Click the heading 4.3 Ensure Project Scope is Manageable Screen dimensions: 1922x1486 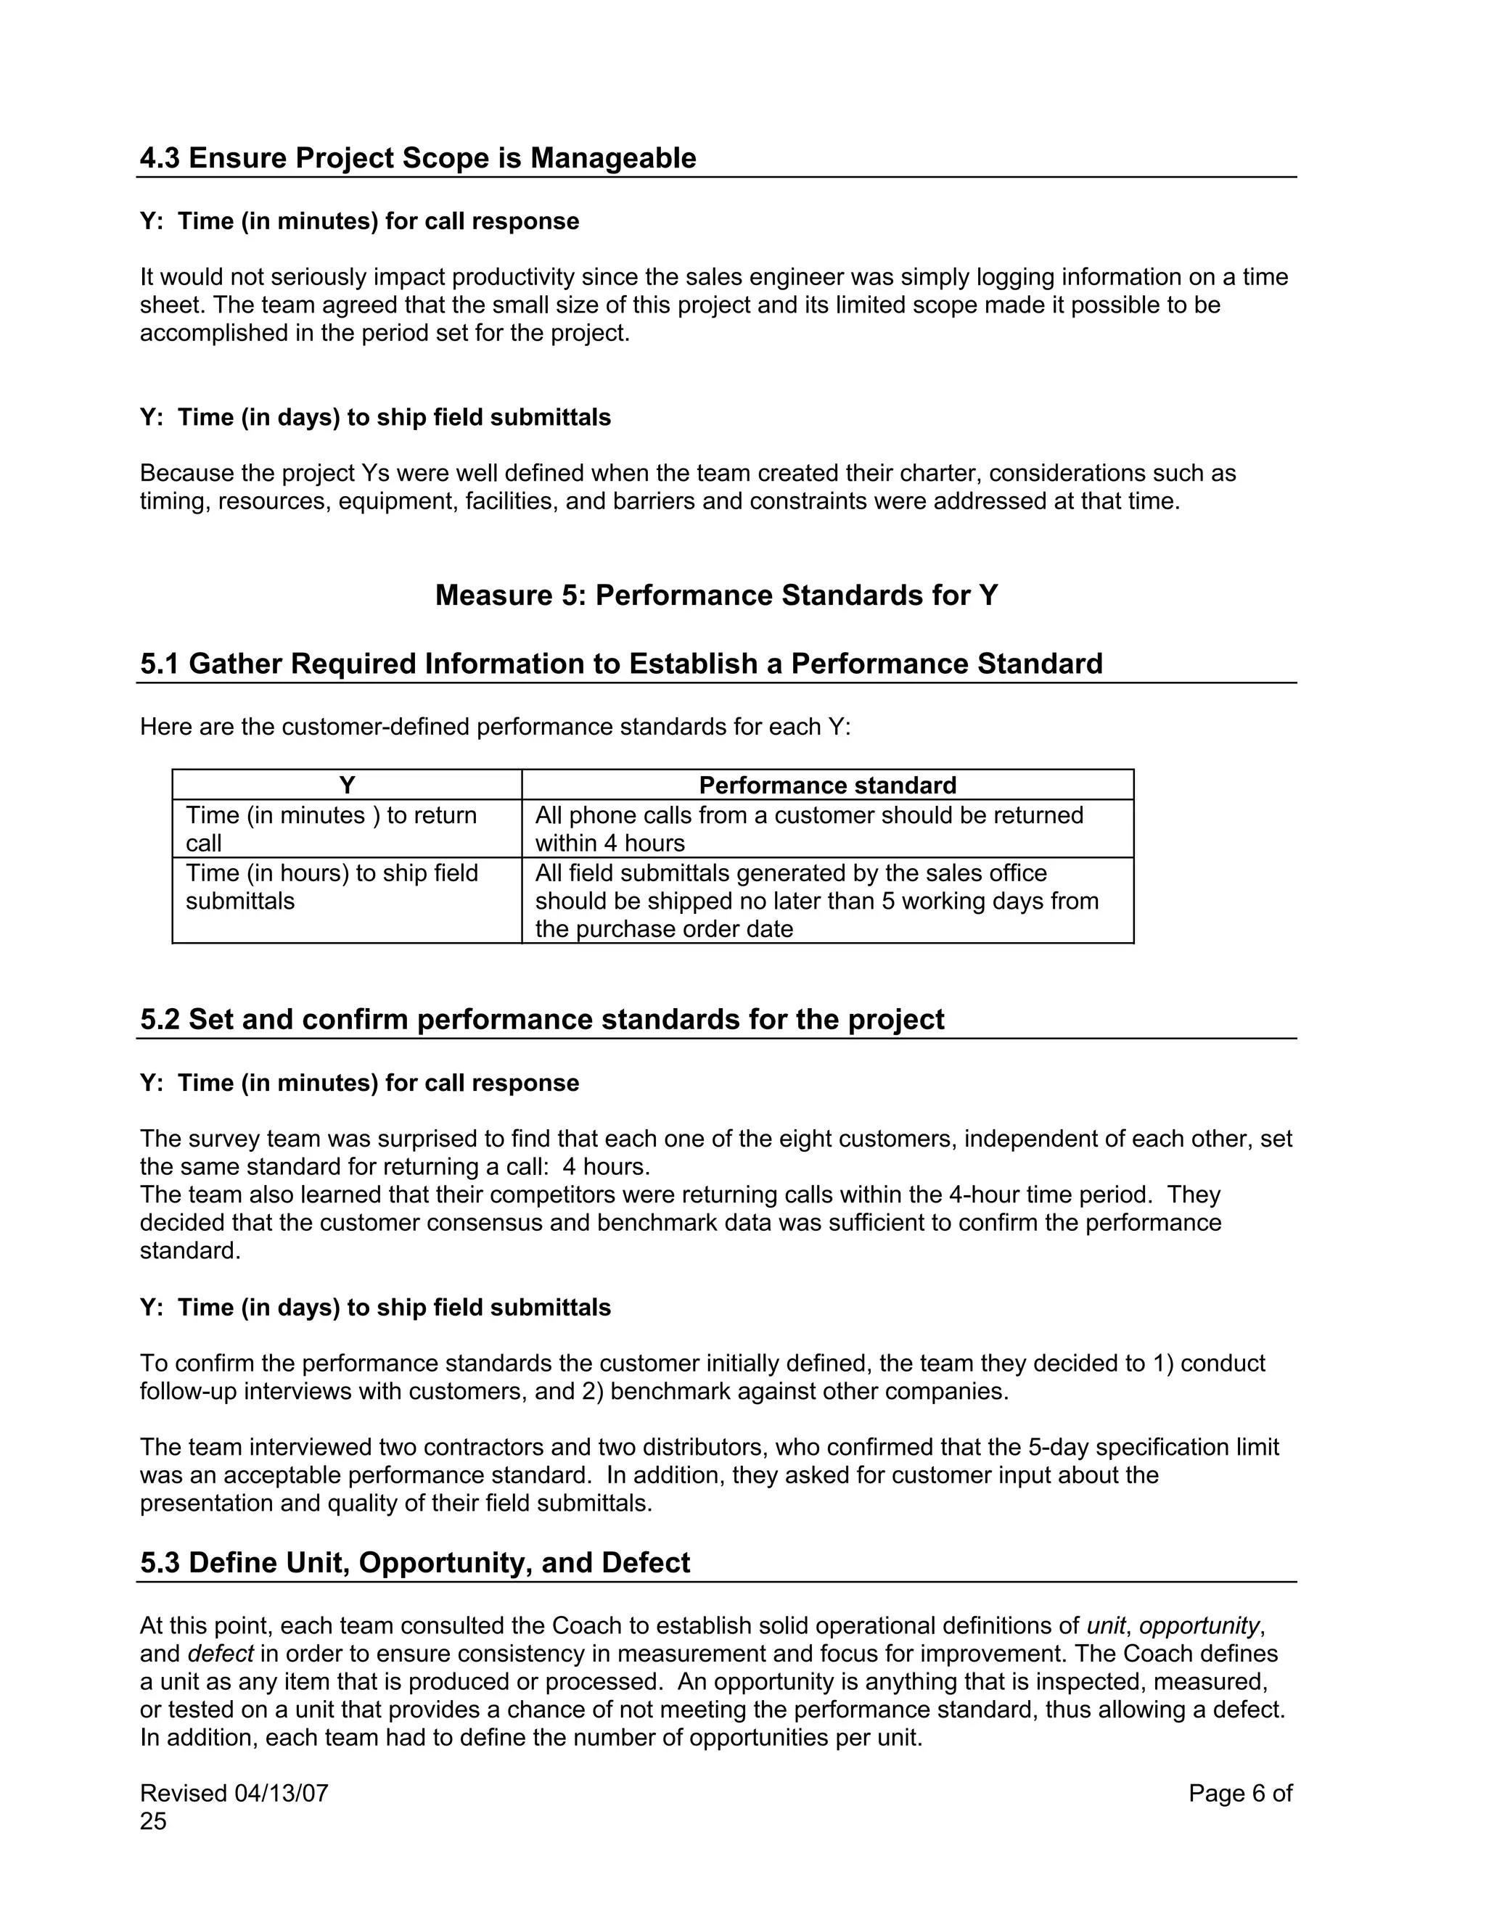coord(417,157)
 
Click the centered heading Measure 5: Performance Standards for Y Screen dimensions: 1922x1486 coord(717,595)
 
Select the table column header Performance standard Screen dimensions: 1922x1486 coord(826,785)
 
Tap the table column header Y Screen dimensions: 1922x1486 coord(347,785)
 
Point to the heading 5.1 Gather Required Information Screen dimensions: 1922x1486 coord(620,664)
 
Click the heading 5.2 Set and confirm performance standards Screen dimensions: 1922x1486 coord(541,1019)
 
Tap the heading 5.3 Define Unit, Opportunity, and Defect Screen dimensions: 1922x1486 coord(414,1562)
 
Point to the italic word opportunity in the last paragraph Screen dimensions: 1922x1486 coord(1198,1625)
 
